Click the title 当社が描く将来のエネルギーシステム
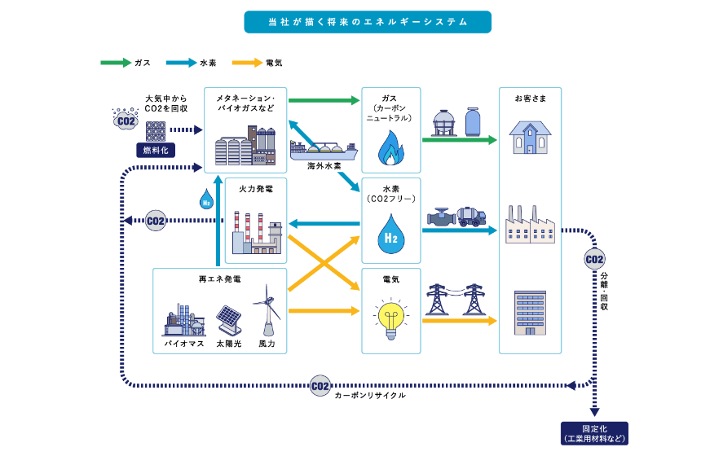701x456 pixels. click(x=368, y=22)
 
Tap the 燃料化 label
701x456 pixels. click(x=155, y=150)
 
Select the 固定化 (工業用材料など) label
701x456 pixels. click(x=594, y=433)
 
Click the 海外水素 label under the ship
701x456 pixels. click(x=324, y=166)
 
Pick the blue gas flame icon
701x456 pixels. click(x=390, y=147)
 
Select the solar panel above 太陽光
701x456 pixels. click(x=228, y=318)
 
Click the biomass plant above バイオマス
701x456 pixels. click(x=183, y=320)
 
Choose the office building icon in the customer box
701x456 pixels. click(x=530, y=313)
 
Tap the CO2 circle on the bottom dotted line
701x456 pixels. click(x=320, y=385)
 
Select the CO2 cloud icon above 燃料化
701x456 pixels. click(x=125, y=121)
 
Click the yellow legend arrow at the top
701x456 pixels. click(x=247, y=63)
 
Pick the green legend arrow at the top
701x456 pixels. click(x=116, y=63)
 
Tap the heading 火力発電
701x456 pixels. click(x=255, y=188)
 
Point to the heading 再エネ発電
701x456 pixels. click(x=219, y=279)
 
